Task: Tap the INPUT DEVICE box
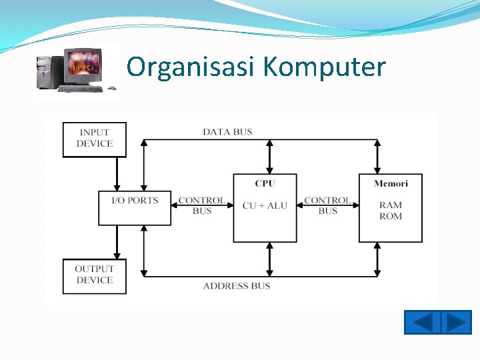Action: coord(95,139)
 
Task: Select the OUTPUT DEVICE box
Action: coord(95,275)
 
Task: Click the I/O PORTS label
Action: coord(135,201)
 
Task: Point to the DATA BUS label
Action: coord(227,131)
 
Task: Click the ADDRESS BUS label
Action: coord(236,286)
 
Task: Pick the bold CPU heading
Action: coord(265,183)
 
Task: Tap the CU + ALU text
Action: coord(265,205)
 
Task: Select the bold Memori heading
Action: coord(391,183)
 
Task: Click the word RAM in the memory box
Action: coord(391,205)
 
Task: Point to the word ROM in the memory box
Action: coord(391,216)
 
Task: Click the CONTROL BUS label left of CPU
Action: coord(201,205)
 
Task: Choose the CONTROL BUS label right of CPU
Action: coord(327,205)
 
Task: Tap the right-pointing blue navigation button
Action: coord(457,323)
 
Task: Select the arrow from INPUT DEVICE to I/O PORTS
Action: coord(117,174)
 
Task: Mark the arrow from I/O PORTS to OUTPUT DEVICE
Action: coord(117,241)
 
